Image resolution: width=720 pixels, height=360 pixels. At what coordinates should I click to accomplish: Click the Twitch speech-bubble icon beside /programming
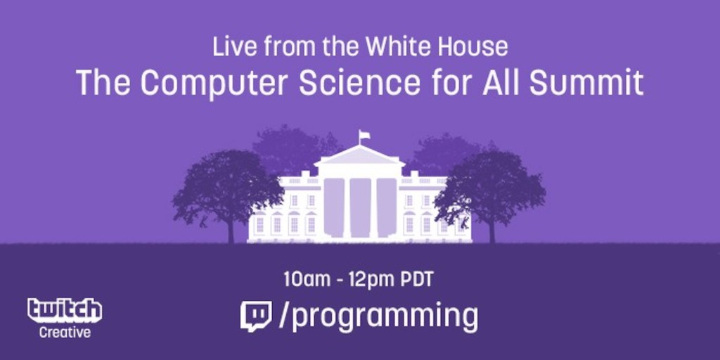pyautogui.click(x=256, y=316)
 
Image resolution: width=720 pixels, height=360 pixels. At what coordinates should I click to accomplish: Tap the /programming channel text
pyautogui.click(x=378, y=318)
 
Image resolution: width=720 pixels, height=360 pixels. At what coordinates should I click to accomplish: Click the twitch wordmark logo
pyautogui.click(x=65, y=310)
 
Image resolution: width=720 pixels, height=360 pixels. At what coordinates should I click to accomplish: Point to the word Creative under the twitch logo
pyautogui.click(x=65, y=332)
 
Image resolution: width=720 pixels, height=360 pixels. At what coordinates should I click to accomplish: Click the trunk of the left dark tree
pyautogui.click(x=231, y=230)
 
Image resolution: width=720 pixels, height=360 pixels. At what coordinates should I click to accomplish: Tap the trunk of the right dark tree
pyautogui.click(x=492, y=230)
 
